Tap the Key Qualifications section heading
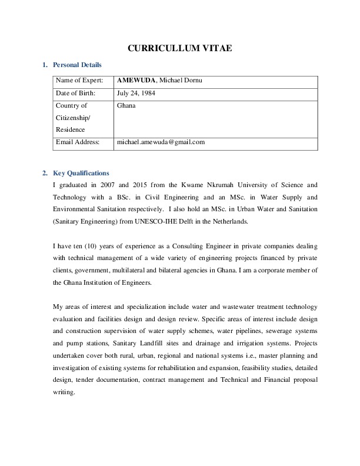[x=81, y=173]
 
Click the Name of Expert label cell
[x=79, y=81]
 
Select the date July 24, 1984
[x=136, y=93]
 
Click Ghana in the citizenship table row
[x=126, y=106]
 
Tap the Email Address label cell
[x=78, y=142]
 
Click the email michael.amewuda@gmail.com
[x=161, y=142]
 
